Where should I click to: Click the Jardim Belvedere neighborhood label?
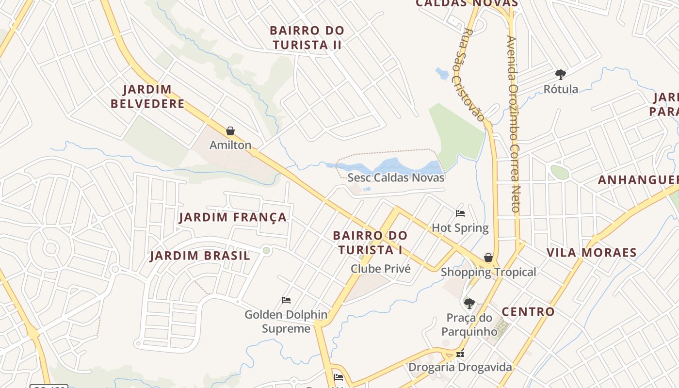tap(147, 97)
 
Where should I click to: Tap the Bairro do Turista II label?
tap(307, 37)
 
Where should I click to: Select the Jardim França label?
tap(233, 217)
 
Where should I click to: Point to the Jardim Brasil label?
tap(200, 256)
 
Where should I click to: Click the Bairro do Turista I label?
tap(371, 242)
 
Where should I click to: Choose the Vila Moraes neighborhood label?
tap(591, 253)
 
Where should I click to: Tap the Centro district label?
tap(528, 312)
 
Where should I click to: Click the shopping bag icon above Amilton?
tap(230, 131)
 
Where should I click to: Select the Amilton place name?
tap(230, 145)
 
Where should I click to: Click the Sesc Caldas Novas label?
tap(396, 178)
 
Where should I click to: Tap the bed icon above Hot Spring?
tap(460, 213)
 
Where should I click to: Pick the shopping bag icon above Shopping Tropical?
tap(488, 258)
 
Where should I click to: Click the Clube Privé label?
tap(381, 269)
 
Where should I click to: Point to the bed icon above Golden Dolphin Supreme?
tap(286, 300)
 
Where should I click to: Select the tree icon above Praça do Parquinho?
tap(469, 304)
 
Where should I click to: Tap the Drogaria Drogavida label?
tap(460, 367)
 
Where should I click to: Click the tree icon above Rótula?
tap(561, 75)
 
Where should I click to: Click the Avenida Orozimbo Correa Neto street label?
tap(514, 124)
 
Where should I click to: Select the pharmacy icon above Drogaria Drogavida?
tap(460, 354)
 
